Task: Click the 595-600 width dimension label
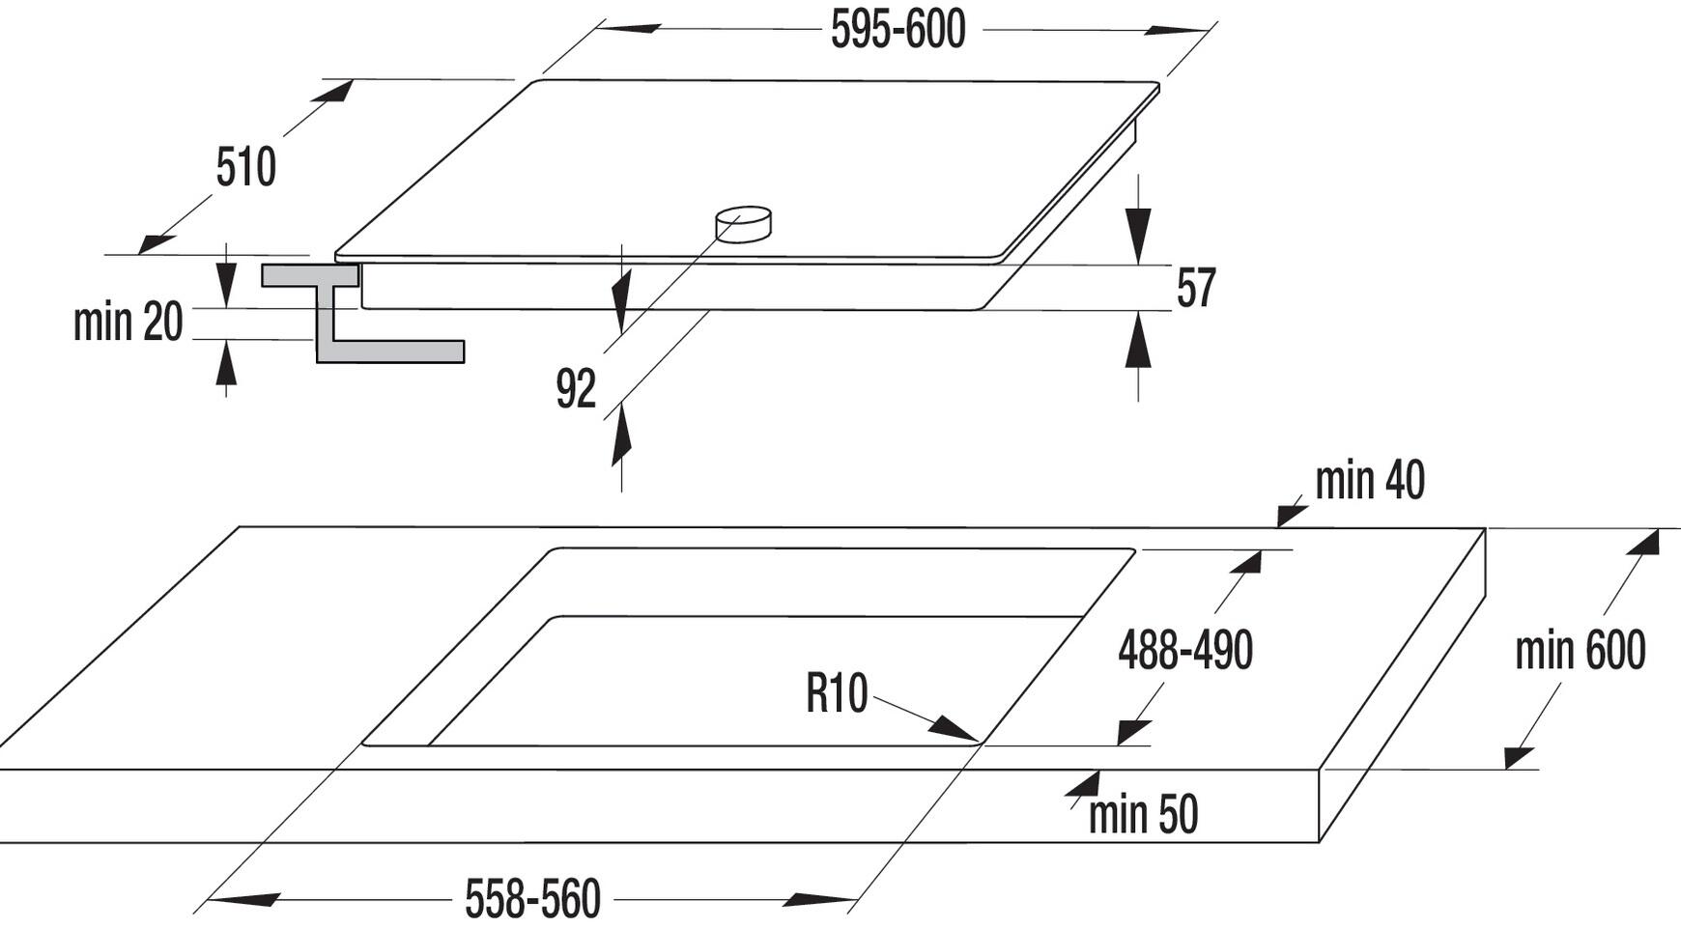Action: pyautogui.click(x=897, y=30)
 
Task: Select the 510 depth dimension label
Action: pyautogui.click(x=246, y=167)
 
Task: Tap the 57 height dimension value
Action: pyautogui.click(x=1196, y=288)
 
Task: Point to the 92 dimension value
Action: pyautogui.click(x=576, y=389)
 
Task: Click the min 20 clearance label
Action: pyautogui.click(x=128, y=322)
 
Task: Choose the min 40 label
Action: pyautogui.click(x=1370, y=480)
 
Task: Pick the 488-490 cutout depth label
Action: pyautogui.click(x=1185, y=649)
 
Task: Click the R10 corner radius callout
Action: pyautogui.click(x=837, y=693)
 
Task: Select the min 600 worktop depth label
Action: pyautogui.click(x=1581, y=650)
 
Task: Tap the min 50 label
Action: pyautogui.click(x=1143, y=814)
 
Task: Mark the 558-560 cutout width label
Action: pyautogui.click(x=533, y=899)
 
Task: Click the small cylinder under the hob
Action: pyautogui.click(x=743, y=224)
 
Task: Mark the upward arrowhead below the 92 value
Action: pyautogui.click(x=621, y=434)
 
